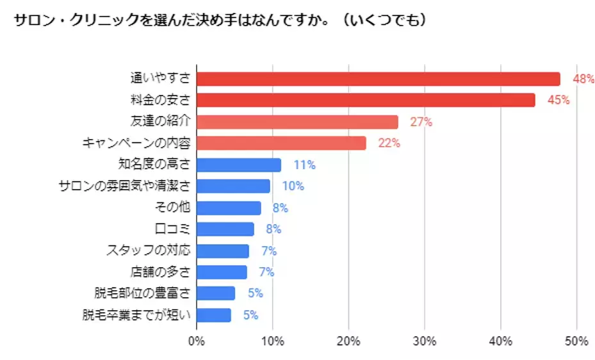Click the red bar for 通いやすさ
[378, 79]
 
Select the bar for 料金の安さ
[365, 100]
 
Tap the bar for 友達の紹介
[297, 122]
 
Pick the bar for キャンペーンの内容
[281, 143]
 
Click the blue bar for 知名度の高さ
[239, 165]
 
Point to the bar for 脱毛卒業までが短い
[214, 315]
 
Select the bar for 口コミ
[225, 229]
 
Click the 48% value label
[583, 79]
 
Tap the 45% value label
[558, 101]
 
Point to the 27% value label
[421, 122]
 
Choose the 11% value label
[304, 165]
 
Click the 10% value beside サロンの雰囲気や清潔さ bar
[293, 186]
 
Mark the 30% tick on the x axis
[425, 341]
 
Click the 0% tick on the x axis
[197, 341]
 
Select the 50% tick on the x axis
[576, 341]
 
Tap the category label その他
[173, 208]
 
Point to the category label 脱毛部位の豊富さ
[142, 293]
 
